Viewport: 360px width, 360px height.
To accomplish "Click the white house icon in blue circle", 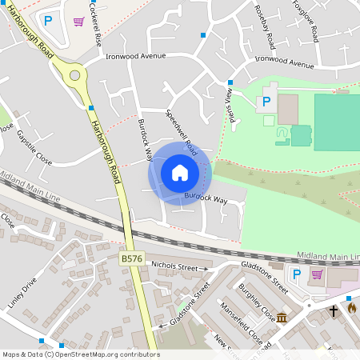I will coord(179,173).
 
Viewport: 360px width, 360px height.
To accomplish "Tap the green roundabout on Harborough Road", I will coord(76,76).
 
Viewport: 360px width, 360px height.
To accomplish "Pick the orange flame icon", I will coord(351,306).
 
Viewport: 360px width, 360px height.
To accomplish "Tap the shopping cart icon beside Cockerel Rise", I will coord(78,21).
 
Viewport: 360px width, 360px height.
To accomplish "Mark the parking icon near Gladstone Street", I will coord(297,274).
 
